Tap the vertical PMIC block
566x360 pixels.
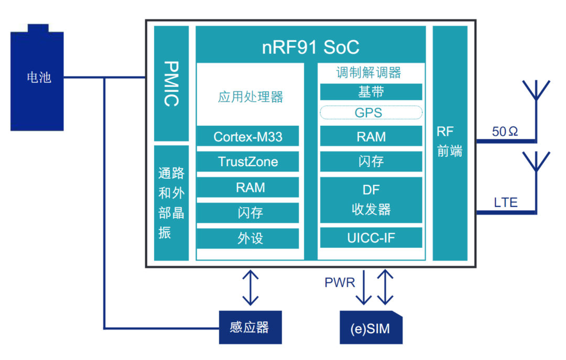171,84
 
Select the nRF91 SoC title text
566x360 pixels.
310,48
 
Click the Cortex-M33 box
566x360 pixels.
248,137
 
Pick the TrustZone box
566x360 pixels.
248,162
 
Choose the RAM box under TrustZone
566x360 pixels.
248,188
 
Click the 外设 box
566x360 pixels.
248,238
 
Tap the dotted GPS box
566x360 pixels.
371,113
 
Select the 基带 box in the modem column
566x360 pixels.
371,92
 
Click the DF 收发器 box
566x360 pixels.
371,200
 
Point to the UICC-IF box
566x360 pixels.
371,238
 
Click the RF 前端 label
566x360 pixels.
449,142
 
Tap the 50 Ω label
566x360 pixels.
505,132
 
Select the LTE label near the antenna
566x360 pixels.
505,202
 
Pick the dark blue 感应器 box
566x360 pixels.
250,328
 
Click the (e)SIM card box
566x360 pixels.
371,329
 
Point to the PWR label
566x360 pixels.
340,283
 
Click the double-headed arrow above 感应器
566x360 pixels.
251,287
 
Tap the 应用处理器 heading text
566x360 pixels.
250,97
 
